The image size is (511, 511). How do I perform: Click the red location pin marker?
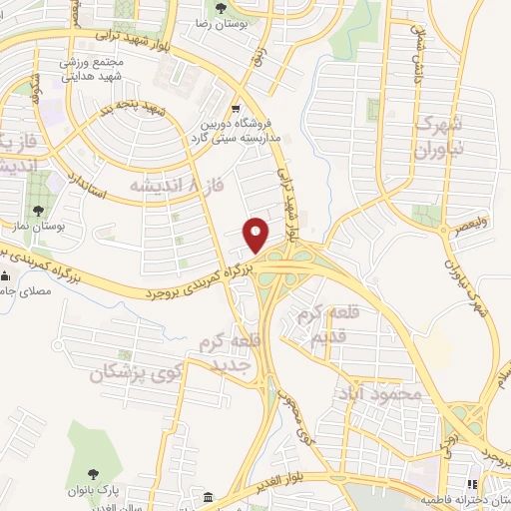257,234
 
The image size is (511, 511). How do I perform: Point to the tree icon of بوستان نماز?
38,211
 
